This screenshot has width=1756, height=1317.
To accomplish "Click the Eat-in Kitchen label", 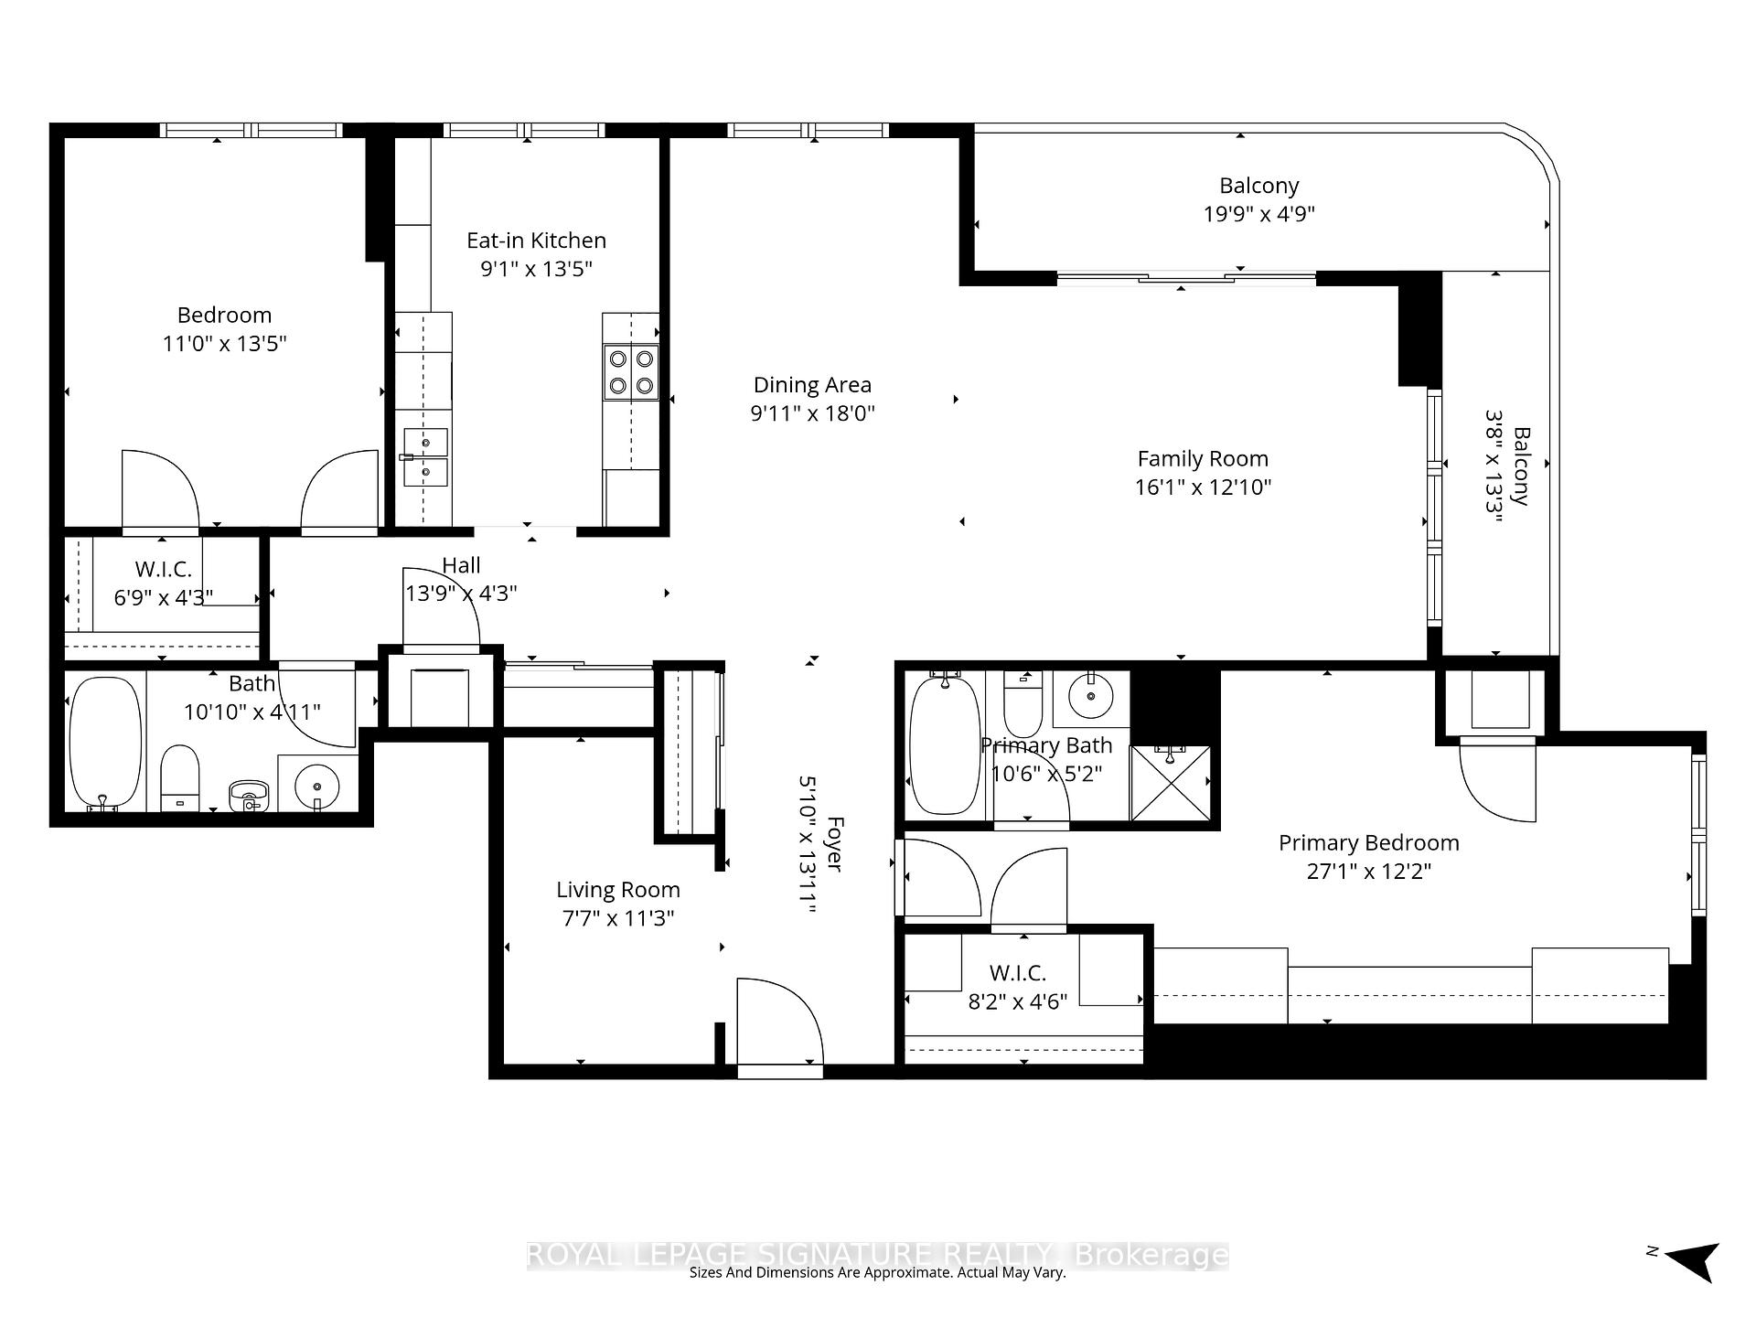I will click(536, 241).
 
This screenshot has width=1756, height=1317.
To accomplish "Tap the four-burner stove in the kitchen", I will click(631, 372).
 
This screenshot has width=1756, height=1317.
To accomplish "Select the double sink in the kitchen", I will click(425, 457).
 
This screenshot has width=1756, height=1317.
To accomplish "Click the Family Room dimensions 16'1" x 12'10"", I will click(1203, 487).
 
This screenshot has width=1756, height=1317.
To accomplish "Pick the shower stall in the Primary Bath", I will click(1171, 783).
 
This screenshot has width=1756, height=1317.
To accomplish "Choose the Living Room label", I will click(617, 890).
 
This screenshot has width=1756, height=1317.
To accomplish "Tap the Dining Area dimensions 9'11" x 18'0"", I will click(812, 413).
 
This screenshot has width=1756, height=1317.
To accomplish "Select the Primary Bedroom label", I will click(1368, 843).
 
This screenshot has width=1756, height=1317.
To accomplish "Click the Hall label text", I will click(461, 566).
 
